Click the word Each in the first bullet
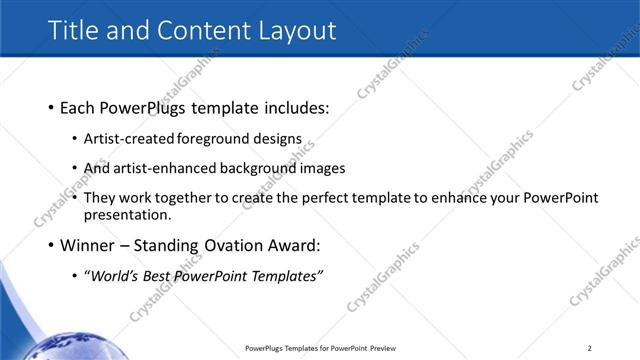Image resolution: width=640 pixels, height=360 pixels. (79, 107)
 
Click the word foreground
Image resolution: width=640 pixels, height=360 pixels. (218, 139)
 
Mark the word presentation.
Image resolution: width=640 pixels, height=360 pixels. (128, 214)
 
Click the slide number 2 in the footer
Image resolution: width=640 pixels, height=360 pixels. (589, 348)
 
